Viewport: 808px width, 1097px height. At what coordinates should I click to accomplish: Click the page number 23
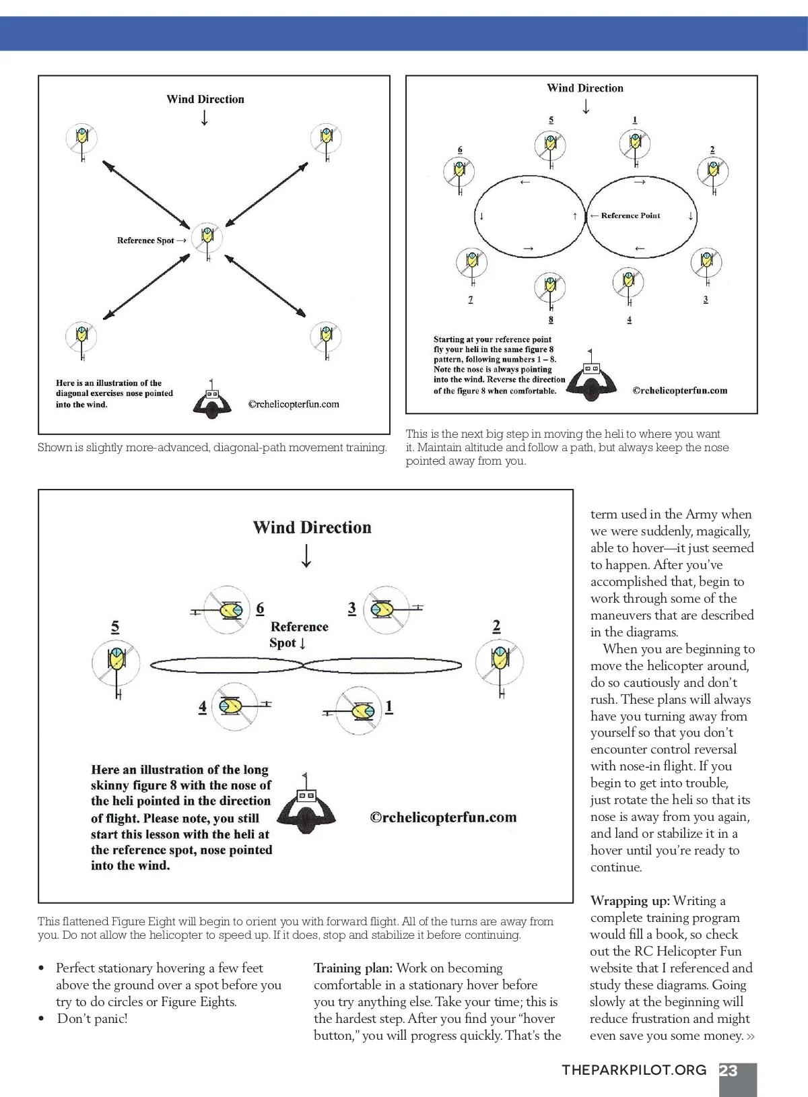click(x=729, y=1071)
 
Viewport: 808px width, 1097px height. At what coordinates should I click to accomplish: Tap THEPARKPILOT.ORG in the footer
click(x=634, y=1071)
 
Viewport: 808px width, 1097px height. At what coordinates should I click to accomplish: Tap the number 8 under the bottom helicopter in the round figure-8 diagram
click(x=551, y=320)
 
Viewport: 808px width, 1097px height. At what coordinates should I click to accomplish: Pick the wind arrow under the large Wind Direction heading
click(x=306, y=556)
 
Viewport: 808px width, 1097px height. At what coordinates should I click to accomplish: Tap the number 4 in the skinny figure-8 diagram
click(x=203, y=707)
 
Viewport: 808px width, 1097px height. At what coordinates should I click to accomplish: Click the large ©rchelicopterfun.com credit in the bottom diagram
click(x=443, y=818)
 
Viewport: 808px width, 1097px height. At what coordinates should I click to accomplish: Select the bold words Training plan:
click(x=353, y=968)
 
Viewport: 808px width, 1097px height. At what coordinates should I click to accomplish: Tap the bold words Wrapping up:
click(x=630, y=901)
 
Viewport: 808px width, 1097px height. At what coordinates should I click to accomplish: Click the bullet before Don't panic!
click(x=42, y=1019)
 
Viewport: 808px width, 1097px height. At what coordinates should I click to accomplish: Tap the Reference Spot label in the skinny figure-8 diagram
click(x=298, y=634)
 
